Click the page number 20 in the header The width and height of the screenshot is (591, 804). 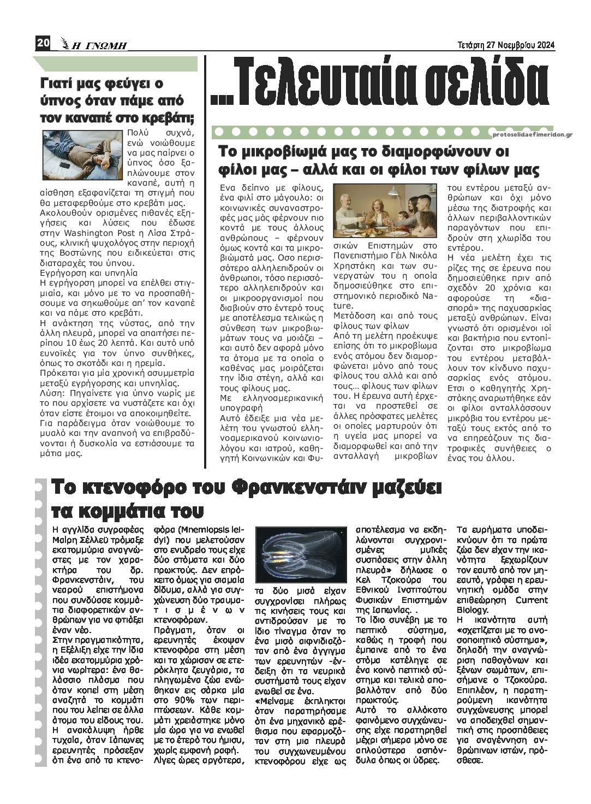point(43,43)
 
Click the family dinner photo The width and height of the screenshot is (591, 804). point(384,210)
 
